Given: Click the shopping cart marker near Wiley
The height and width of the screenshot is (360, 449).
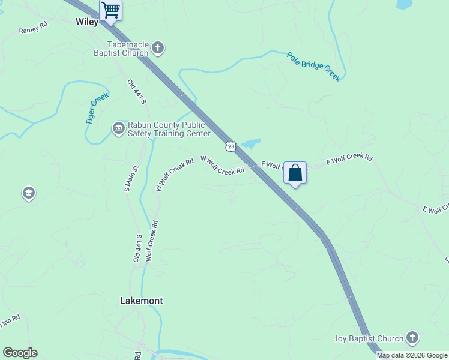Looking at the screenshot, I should click(x=110, y=10).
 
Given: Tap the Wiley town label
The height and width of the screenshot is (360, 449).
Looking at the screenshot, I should click(x=87, y=22).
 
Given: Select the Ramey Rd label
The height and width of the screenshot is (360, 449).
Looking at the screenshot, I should click(x=33, y=28).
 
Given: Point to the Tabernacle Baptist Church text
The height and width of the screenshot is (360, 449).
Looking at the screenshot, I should click(x=128, y=49).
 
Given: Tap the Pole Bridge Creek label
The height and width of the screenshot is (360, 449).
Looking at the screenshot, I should click(x=313, y=67).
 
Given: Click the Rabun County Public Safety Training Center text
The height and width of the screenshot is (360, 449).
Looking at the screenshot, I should click(x=169, y=129).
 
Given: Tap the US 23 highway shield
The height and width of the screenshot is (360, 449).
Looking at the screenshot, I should click(x=231, y=146).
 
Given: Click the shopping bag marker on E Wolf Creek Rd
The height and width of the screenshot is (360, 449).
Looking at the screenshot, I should click(x=295, y=173).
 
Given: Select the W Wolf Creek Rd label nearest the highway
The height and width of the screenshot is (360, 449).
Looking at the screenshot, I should click(x=222, y=166).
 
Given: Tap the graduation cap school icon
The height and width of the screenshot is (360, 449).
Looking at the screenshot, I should click(x=28, y=193).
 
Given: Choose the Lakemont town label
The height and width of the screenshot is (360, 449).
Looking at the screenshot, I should click(x=142, y=301).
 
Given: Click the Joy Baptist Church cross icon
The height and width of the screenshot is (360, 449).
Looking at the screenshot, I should click(x=412, y=338).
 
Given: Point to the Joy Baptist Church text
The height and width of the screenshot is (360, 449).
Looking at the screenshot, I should click(x=369, y=338).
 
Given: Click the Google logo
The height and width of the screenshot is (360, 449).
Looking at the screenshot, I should click(x=20, y=353).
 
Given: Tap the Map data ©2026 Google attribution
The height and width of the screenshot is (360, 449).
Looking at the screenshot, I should click(x=412, y=356).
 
